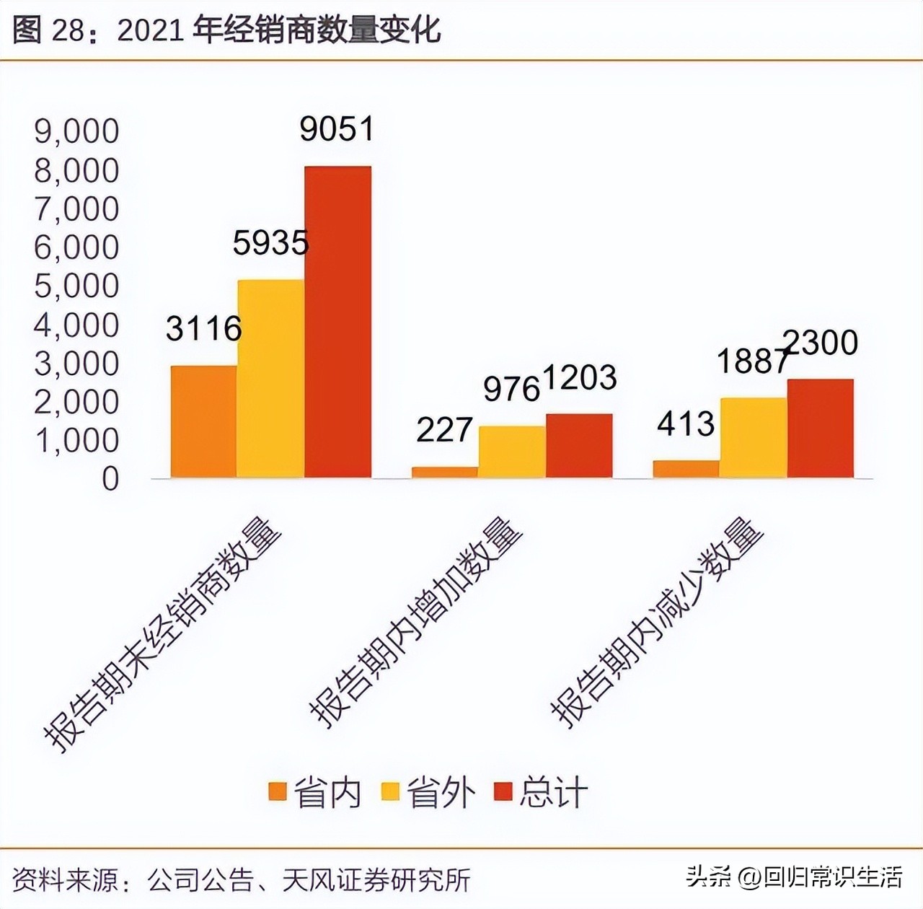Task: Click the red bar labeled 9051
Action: pos(337,322)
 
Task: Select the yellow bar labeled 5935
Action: pos(270,379)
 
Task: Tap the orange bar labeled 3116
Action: pos(203,421)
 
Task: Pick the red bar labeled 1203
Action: pos(579,445)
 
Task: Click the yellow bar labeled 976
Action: pos(512,452)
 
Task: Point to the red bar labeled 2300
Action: pos(820,428)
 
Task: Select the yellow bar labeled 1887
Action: pos(753,437)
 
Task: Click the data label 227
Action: pos(444,430)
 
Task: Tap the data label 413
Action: pos(685,423)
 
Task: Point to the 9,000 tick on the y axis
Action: pos(76,131)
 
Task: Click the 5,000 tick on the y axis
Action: pos(76,286)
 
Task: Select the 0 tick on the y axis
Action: pos(110,479)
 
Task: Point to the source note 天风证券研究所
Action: pos(376,879)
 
